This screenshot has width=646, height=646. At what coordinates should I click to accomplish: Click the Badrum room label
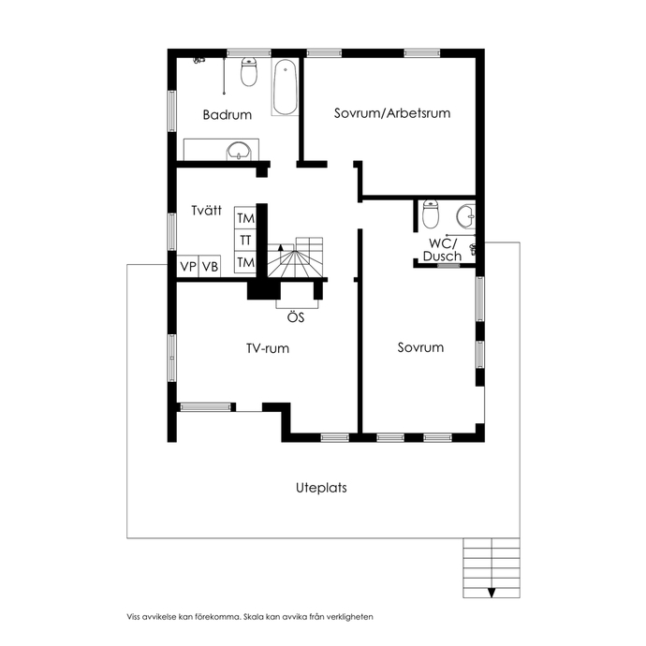[x=227, y=114]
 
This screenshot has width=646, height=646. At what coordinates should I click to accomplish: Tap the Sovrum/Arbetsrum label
[x=391, y=113]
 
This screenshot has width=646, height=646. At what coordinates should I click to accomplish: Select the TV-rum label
[x=268, y=348]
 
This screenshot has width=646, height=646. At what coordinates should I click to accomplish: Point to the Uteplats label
[x=321, y=488]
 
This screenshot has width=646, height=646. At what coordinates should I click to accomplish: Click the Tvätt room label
[x=206, y=211]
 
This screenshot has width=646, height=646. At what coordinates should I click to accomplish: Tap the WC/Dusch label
[x=442, y=250]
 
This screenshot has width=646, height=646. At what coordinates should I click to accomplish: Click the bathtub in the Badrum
[x=285, y=88]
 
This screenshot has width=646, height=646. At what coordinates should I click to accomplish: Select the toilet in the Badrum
[x=249, y=72]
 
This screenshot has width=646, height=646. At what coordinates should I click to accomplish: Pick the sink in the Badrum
[x=239, y=151]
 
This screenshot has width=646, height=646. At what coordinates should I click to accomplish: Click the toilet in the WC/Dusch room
[x=431, y=213]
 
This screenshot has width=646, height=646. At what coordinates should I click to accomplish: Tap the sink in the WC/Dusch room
[x=465, y=216]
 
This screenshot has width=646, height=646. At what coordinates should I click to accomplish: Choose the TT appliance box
[x=245, y=241]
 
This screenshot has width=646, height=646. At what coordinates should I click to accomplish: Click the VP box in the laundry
[x=188, y=266]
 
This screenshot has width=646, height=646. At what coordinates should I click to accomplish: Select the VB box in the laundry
[x=210, y=266]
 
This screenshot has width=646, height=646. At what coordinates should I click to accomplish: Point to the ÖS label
[x=296, y=317]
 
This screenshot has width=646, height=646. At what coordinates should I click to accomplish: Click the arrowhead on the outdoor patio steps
[x=492, y=593]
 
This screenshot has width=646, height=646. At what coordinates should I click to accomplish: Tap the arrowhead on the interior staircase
[x=281, y=247]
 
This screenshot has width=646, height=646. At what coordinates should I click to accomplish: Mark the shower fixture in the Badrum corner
[x=199, y=60]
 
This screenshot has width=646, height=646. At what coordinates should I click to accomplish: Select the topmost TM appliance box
[x=245, y=218]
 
